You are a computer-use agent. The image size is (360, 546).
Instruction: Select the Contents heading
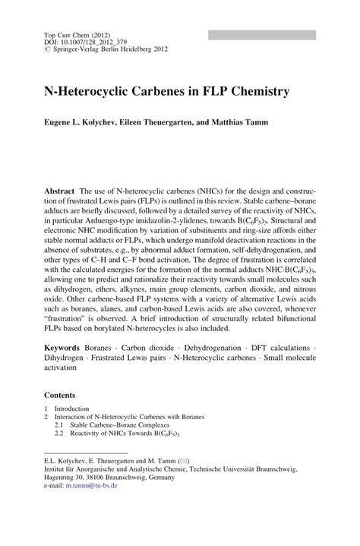(60, 396)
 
